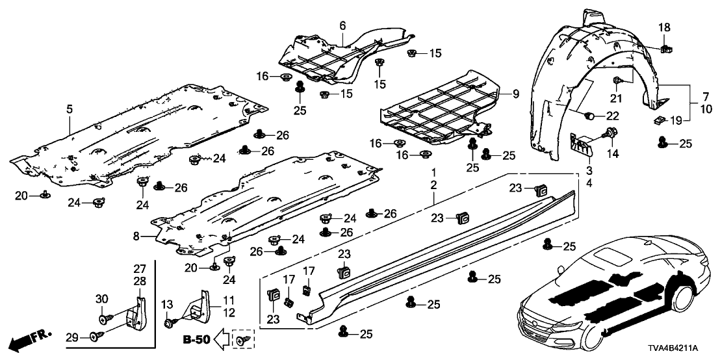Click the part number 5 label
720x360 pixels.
tap(70, 110)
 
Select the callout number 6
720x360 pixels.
tap(342, 25)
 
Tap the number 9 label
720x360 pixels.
tap(515, 94)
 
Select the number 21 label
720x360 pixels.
tap(616, 98)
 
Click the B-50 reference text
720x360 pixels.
tap(196, 339)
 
